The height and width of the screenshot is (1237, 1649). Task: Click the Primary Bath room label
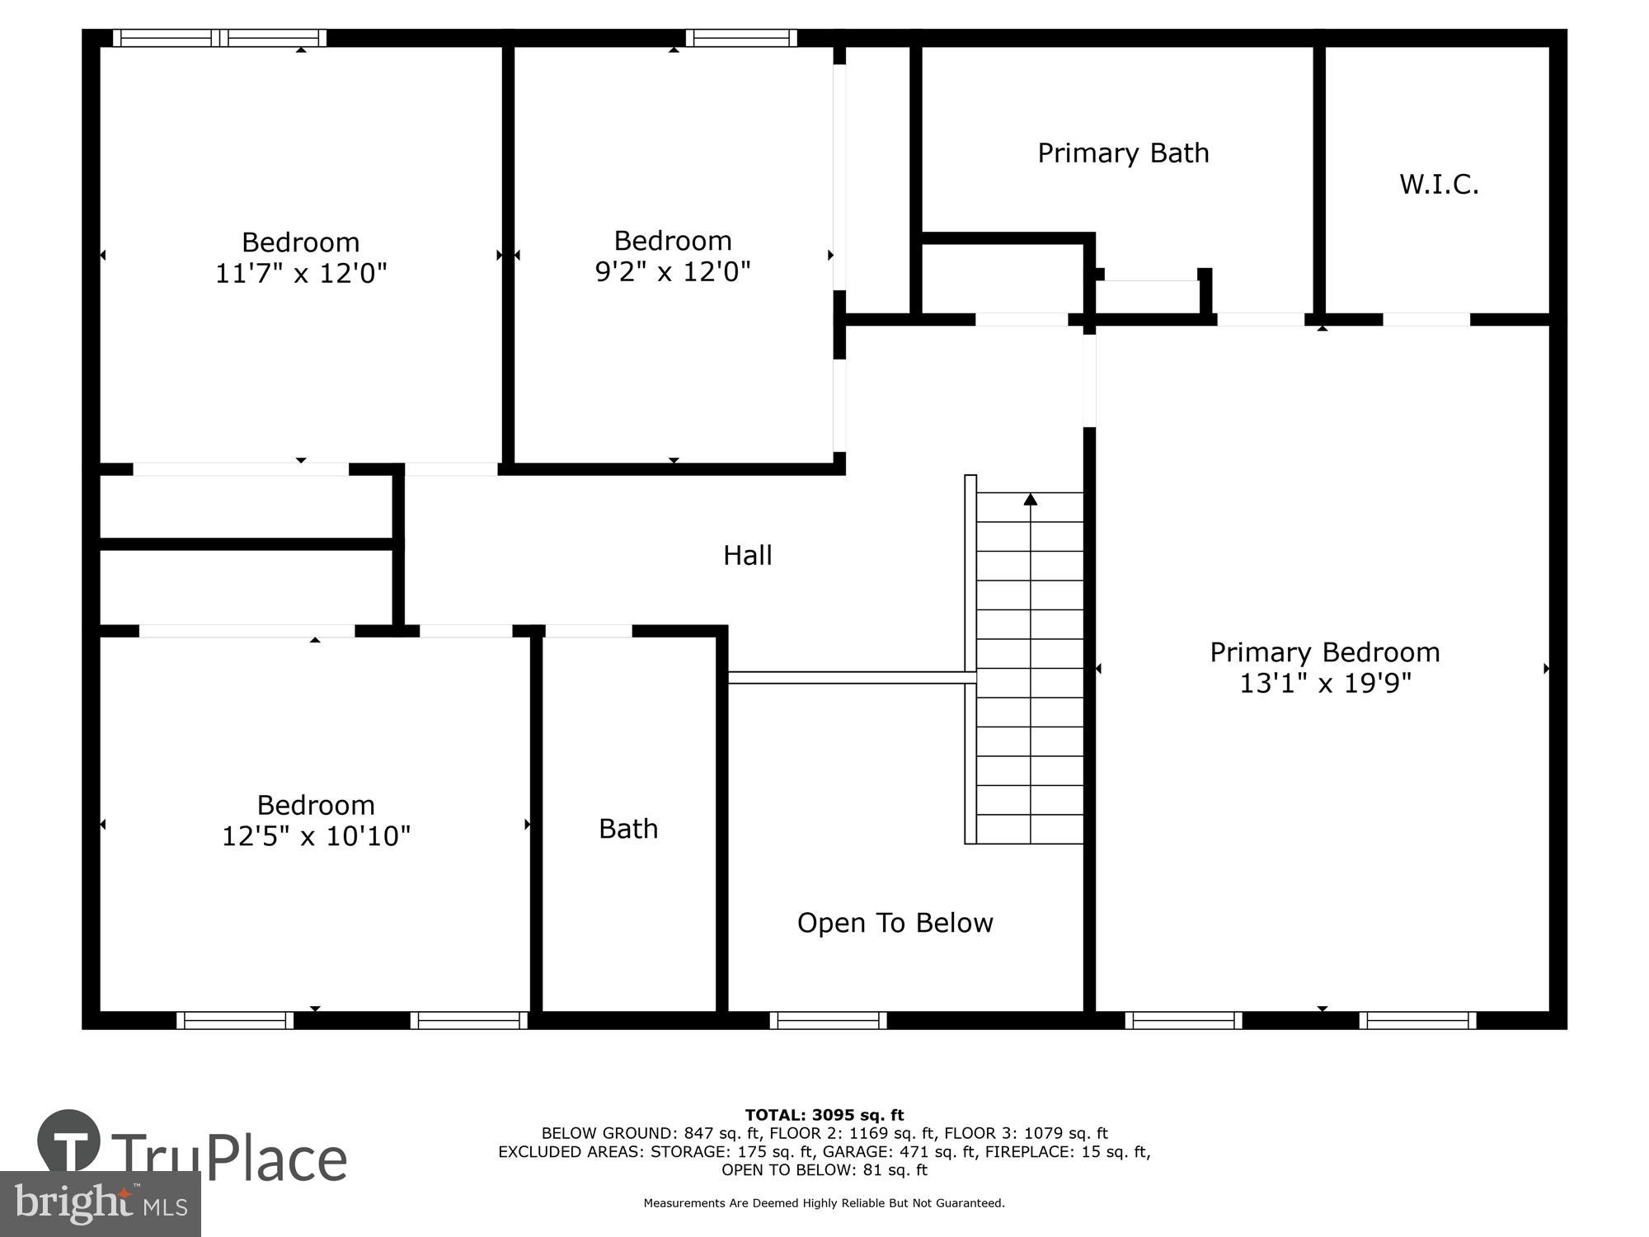pos(1123,153)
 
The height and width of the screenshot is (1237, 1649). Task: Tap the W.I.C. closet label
pos(1439,185)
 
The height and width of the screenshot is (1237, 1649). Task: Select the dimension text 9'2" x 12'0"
pos(673,271)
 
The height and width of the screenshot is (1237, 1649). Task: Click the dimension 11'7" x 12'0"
pos(301,273)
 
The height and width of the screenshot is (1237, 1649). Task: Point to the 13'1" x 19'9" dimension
pos(1325,684)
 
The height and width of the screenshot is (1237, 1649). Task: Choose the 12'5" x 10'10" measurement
pos(316,836)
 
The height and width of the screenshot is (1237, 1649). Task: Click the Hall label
pos(747,556)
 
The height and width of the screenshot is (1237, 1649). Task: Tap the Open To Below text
pos(895,923)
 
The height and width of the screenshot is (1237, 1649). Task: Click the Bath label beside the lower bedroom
pos(628,829)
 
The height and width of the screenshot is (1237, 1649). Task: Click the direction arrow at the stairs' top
pos(1030,500)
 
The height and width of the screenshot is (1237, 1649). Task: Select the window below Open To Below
pos(828,1020)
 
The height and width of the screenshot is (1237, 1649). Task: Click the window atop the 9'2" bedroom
pos(740,38)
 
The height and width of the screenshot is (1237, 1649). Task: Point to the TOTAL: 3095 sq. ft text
pos(824,1116)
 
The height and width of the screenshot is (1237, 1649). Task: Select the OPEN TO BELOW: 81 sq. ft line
pos(824,1170)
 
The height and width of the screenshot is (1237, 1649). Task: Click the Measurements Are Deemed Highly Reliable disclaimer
pos(824,1203)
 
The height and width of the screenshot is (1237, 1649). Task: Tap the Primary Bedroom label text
pos(1324,652)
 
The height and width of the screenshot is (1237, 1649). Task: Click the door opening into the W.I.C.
pos(1426,319)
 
